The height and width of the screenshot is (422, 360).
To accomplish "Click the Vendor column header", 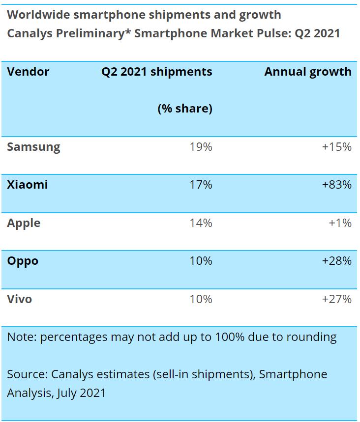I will (x=28, y=72).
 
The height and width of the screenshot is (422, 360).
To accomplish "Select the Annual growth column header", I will (x=308, y=72).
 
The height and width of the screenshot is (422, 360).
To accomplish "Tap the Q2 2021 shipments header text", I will (x=157, y=72).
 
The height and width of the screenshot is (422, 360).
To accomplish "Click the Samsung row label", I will (x=33, y=147).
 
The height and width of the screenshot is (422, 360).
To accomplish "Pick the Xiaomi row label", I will (x=28, y=185).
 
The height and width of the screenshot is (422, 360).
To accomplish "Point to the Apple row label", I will (x=24, y=223).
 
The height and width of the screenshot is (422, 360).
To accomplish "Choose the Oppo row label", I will (x=23, y=261).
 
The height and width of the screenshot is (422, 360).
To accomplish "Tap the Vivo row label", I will (x=20, y=299).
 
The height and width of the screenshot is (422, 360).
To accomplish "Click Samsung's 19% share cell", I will (x=201, y=147).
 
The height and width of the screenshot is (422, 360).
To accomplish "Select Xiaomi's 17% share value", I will (x=201, y=185).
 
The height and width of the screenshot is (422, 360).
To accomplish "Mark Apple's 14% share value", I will (x=201, y=223).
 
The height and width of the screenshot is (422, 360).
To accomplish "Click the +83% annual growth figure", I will (x=336, y=185).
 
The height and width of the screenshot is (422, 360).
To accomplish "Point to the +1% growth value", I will (x=340, y=223).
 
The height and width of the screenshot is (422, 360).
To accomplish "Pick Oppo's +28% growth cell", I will (x=336, y=261).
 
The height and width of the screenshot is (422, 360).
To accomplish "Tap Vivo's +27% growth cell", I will (x=336, y=299).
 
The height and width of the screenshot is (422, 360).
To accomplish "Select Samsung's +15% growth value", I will (x=336, y=147).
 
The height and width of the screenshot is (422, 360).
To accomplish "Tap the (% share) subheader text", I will (x=184, y=109).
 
